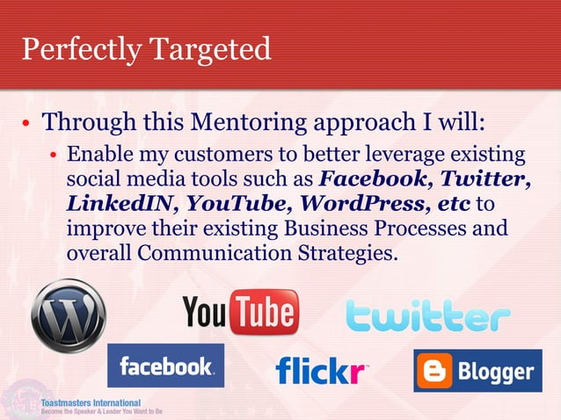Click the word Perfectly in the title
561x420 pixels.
[x=78, y=50]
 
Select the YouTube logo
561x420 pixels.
[x=240, y=313]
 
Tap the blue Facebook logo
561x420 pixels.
[x=165, y=366]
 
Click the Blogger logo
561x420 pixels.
[x=477, y=372]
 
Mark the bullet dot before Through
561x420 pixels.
[x=27, y=123]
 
